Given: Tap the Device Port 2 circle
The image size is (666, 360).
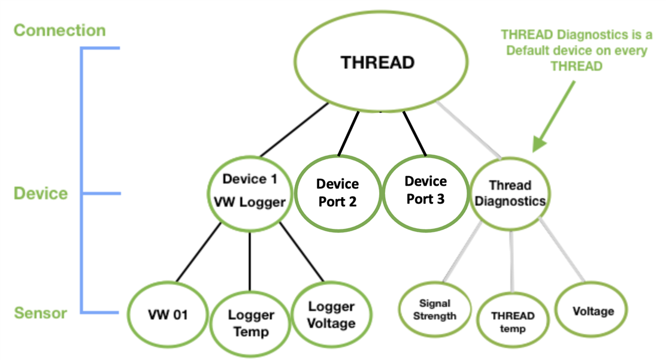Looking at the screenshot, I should pyautogui.click(x=337, y=193).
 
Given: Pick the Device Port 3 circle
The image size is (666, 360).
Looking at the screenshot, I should pyautogui.click(x=425, y=190).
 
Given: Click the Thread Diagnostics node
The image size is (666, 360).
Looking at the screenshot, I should pyautogui.click(x=510, y=193).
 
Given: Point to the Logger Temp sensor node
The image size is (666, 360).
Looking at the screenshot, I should pyautogui.click(x=251, y=323).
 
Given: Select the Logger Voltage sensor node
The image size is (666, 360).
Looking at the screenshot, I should pyautogui.click(x=331, y=314).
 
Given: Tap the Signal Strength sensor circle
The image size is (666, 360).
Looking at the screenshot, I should pyautogui.click(x=434, y=310).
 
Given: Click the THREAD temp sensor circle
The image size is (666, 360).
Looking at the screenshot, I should pyautogui.click(x=513, y=322).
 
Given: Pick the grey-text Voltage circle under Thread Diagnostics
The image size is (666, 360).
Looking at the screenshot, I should pyautogui.click(x=592, y=311).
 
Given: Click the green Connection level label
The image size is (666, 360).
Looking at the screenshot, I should pyautogui.click(x=59, y=30).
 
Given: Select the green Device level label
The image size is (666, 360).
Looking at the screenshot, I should pyautogui.click(x=41, y=193).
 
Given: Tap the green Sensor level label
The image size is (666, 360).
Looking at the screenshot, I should pyautogui.click(x=40, y=313).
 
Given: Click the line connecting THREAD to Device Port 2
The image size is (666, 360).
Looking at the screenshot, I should pyautogui.click(x=349, y=133).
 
